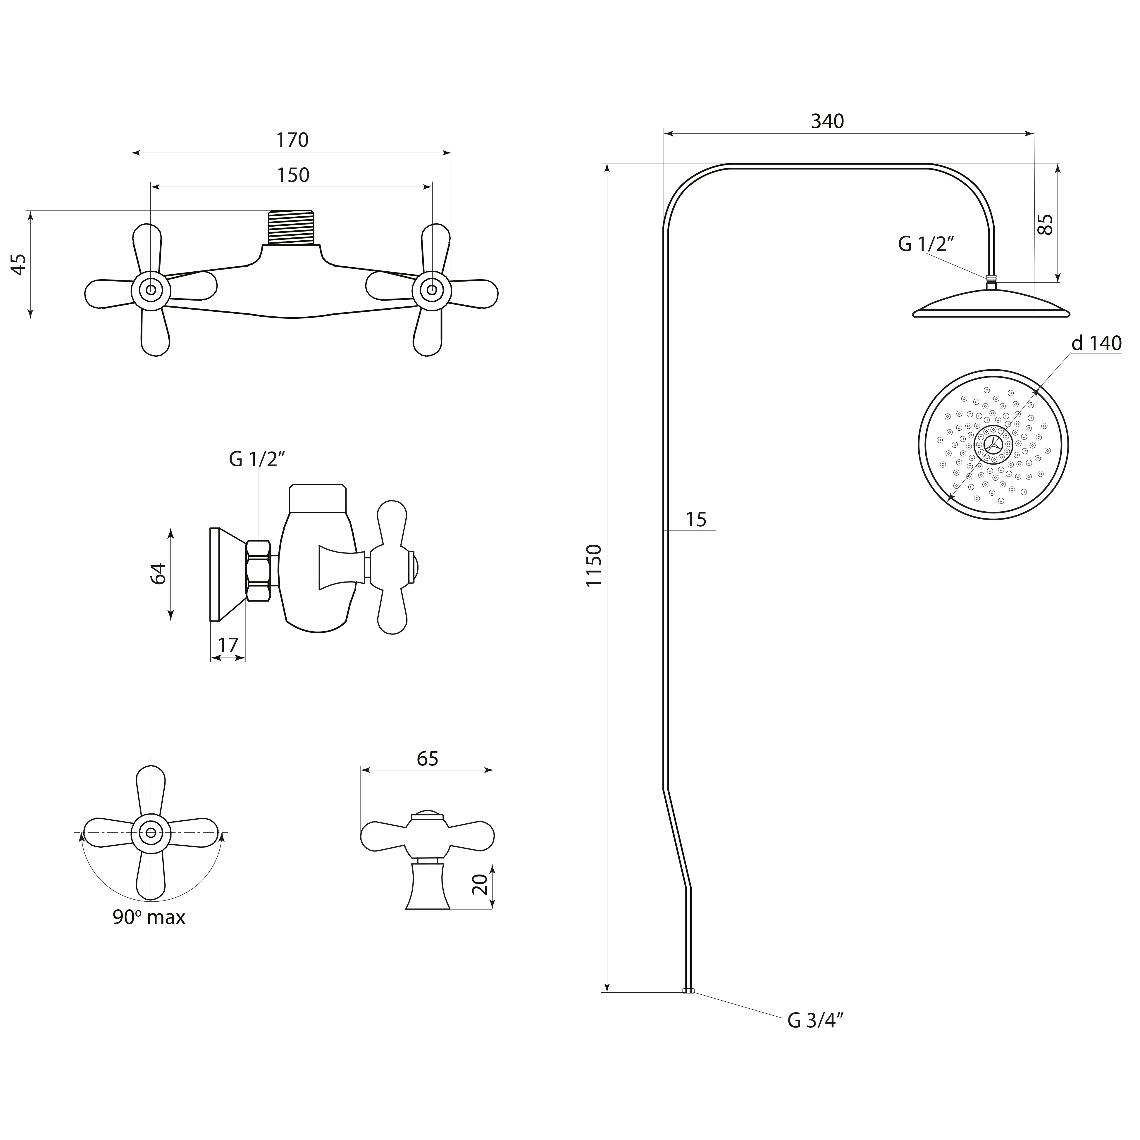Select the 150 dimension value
click(x=293, y=175)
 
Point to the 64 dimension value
click(x=158, y=574)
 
